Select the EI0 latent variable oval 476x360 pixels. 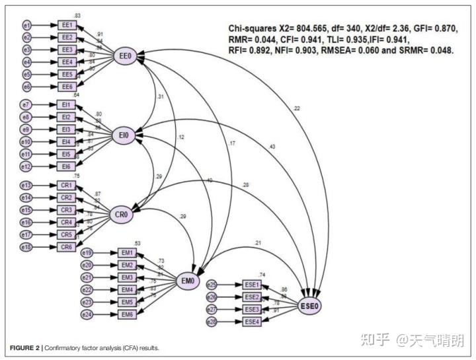click(124, 136)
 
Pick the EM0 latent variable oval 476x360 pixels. click(188, 281)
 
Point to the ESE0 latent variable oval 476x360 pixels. click(309, 306)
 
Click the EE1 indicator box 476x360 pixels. click(67, 25)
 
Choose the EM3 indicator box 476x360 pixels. click(128, 277)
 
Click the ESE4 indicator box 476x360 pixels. click(252, 322)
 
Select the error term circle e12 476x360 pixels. click(26, 166)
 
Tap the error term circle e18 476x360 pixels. click(26, 246)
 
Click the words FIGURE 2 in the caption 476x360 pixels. click(25, 347)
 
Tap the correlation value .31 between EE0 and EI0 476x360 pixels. click(160, 96)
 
